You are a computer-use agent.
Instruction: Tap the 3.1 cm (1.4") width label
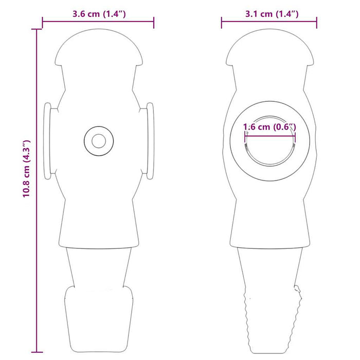pyautogui.click(x=269, y=13)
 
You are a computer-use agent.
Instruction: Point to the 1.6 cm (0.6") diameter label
pyautogui.click(x=270, y=127)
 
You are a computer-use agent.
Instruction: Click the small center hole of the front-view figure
pyautogui.click(x=97, y=139)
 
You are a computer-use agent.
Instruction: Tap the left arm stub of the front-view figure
pyautogui.click(x=47, y=140)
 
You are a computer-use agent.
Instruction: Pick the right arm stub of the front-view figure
pyautogui.click(x=150, y=140)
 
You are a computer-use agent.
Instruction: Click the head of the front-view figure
pyautogui.click(x=98, y=49)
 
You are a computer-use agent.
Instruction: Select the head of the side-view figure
pyautogui.click(x=269, y=49)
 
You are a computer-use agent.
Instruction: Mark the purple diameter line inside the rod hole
pyautogui.click(x=270, y=136)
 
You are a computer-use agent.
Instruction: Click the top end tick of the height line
pyautogui.click(x=37, y=29)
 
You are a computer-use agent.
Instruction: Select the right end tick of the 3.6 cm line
pyautogui.click(x=153, y=22)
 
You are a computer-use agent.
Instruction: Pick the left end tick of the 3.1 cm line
pyautogui.click(x=222, y=22)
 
